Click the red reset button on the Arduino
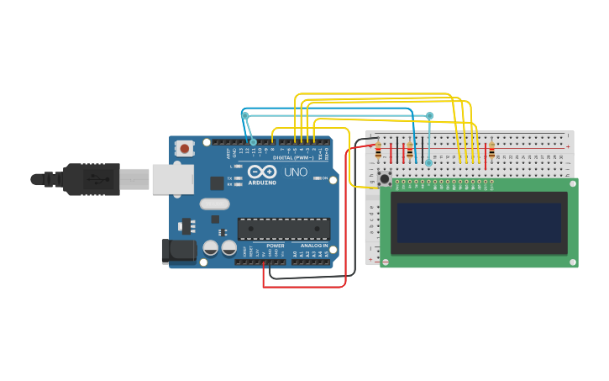tap(185, 148)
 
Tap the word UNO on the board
tap(296, 172)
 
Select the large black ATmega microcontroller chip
tap(283, 228)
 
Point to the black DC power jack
tap(178, 251)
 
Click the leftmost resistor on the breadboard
tap(378, 152)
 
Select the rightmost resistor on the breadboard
tap(491, 152)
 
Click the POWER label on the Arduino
tap(275, 246)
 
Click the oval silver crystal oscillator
tap(214, 204)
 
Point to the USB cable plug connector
tap(92, 179)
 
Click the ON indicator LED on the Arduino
tap(317, 178)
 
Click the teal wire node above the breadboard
tap(429, 116)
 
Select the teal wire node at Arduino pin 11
tap(253, 142)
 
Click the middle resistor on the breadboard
tap(409, 152)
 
